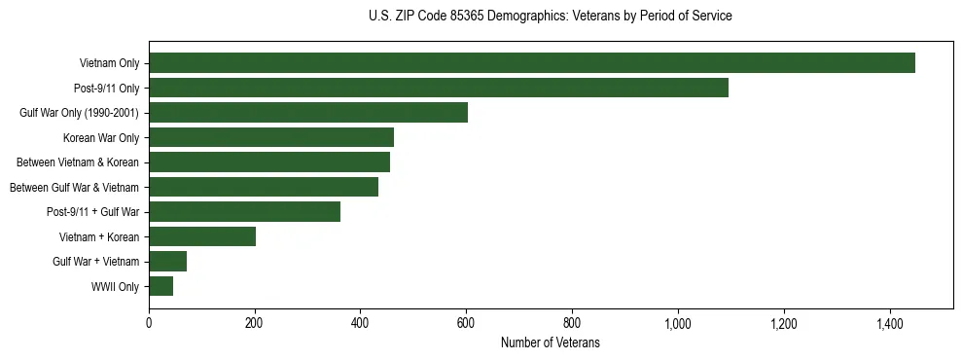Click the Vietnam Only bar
click(x=532, y=63)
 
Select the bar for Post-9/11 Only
click(x=439, y=88)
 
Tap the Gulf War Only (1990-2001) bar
click(x=308, y=113)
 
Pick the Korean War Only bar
click(x=271, y=137)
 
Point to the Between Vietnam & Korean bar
click(x=269, y=162)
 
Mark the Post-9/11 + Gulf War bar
click(x=245, y=212)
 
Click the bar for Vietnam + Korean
click(x=202, y=236)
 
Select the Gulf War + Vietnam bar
click(x=168, y=262)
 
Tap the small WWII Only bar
click(x=161, y=286)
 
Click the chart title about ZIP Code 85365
click(x=551, y=17)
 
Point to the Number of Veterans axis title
click(x=551, y=343)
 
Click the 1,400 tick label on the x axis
click(x=889, y=323)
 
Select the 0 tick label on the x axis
click(x=149, y=323)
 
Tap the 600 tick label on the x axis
click(x=466, y=323)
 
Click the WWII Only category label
click(x=115, y=287)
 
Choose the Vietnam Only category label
click(x=109, y=64)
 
